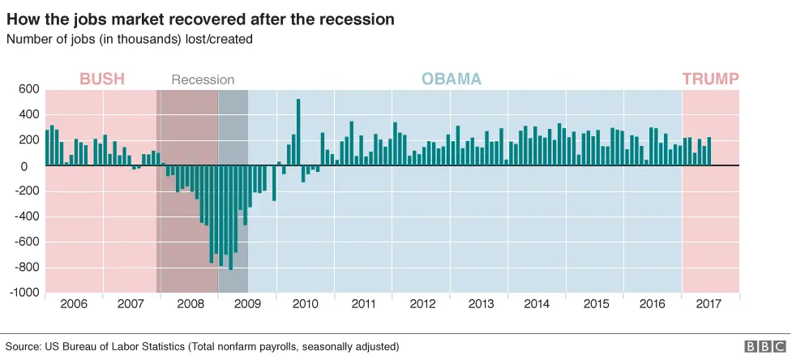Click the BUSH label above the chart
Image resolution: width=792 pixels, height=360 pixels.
click(x=101, y=79)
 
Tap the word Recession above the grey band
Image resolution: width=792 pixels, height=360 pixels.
click(x=203, y=79)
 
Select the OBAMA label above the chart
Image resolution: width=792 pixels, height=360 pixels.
click(x=451, y=79)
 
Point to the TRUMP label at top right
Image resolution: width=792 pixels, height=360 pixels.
click(x=710, y=79)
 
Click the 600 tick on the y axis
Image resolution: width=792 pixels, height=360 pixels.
click(x=28, y=90)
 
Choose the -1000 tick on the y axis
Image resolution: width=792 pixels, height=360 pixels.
click(x=24, y=293)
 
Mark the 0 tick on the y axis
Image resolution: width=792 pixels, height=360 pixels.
click(x=34, y=166)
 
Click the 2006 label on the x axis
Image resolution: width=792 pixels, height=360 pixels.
click(x=74, y=304)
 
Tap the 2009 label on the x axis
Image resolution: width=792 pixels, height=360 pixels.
click(x=248, y=304)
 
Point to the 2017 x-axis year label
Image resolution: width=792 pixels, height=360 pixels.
click(x=709, y=304)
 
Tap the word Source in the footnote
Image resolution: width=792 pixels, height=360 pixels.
click(x=24, y=346)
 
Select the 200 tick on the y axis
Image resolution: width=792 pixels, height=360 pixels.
click(x=28, y=140)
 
